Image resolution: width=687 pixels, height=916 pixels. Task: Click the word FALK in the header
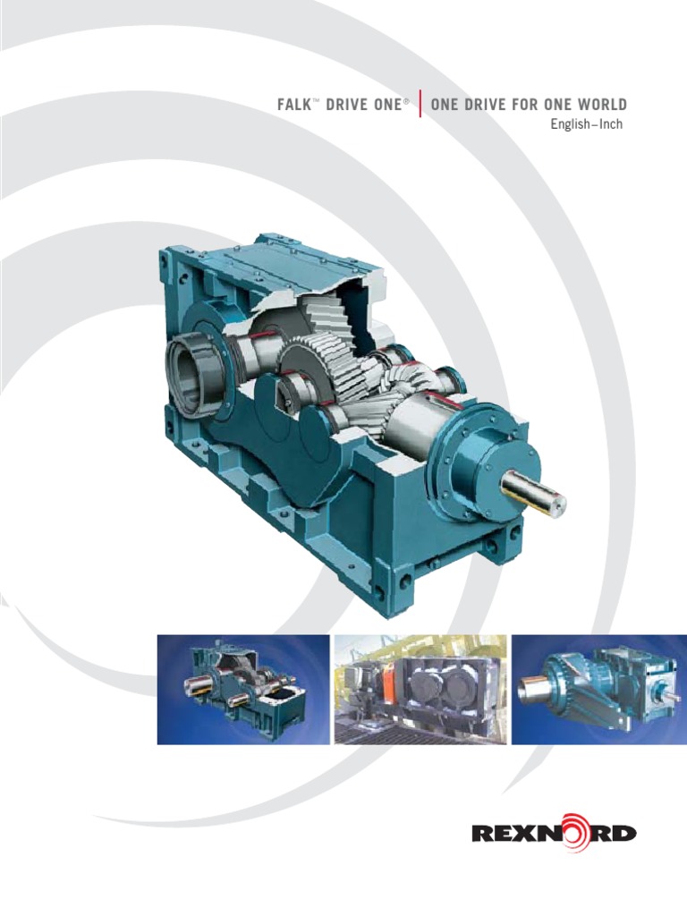[298, 106]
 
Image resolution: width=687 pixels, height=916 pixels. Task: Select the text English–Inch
[586, 124]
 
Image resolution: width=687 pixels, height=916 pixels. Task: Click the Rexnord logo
[554, 834]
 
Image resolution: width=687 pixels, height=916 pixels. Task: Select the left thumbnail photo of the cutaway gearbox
[242, 689]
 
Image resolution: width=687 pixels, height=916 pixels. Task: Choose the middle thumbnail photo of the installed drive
[420, 689]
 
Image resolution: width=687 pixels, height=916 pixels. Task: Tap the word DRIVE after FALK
[351, 106]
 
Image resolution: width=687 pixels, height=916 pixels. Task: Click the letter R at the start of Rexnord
[484, 835]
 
